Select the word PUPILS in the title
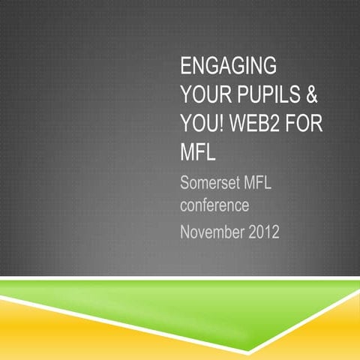tap(271, 94)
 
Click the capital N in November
tap(186, 232)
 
